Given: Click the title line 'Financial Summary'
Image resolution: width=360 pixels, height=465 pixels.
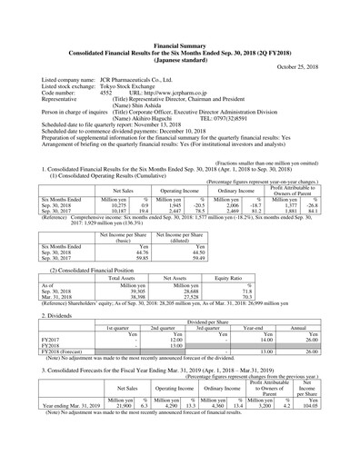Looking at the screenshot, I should pos(180,43).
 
